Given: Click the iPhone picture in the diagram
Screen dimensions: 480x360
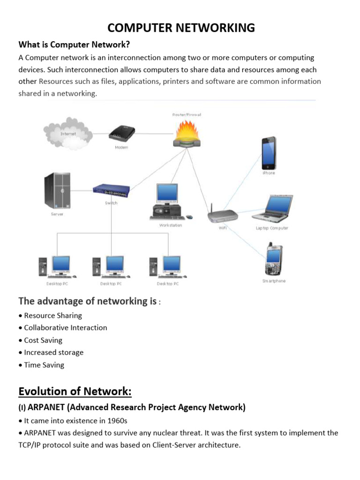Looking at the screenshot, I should tap(269, 153).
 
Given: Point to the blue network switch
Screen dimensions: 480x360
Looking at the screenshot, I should tap(111, 190).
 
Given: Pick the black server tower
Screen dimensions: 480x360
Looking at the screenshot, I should tap(57, 191).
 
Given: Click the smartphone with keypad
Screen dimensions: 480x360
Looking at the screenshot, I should tap(273, 260).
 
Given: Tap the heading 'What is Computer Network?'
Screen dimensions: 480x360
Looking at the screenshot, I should tap(74, 45).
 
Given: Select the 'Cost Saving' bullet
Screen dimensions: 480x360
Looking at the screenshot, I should tap(43, 340).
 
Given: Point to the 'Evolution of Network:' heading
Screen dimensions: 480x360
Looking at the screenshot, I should tap(75, 391).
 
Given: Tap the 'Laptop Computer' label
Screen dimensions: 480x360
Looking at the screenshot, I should tap(272, 228).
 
